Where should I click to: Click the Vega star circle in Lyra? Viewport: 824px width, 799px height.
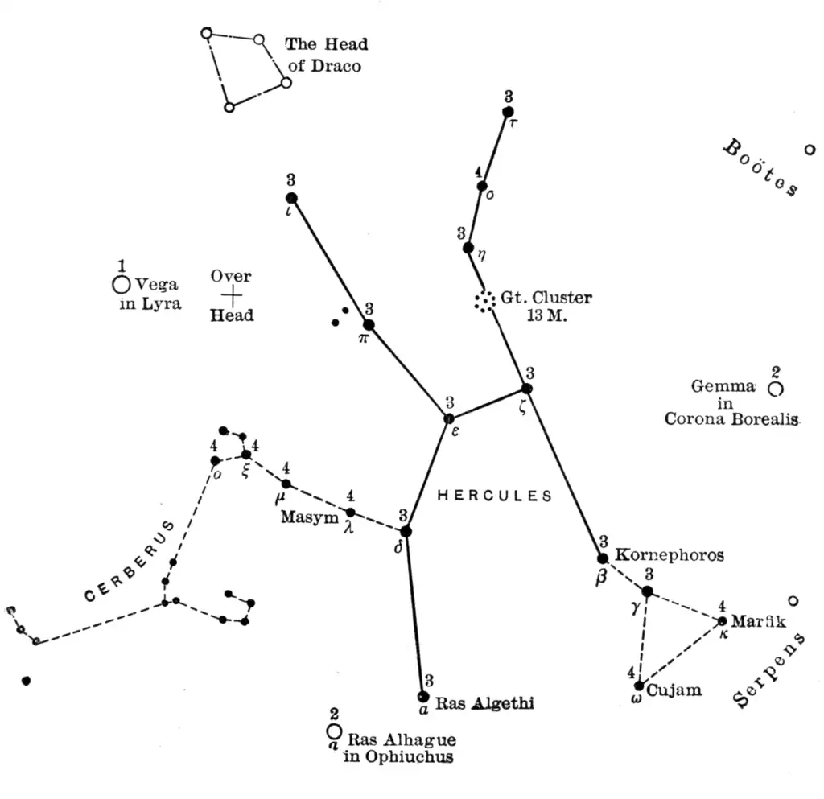122,284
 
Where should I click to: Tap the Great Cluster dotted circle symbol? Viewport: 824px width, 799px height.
484,302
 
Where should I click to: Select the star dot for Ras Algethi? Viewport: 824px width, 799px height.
424,696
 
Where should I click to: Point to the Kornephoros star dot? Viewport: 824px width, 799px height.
603,558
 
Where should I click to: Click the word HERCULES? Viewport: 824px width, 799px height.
495,496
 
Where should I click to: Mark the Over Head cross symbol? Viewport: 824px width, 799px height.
232,295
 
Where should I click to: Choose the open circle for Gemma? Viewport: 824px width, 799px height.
775,389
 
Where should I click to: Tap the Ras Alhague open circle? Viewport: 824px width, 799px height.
334,731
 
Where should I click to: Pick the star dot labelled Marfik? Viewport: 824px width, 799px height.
723,620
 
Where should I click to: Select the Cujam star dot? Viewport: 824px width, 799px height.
639,686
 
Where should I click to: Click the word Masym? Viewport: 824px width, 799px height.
310,517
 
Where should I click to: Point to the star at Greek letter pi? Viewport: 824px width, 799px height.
369,324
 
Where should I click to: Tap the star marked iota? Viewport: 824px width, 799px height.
291,198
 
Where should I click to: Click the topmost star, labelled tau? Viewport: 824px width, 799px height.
508,112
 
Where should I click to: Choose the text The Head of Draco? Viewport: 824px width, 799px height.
325,55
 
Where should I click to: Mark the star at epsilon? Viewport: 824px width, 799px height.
449,418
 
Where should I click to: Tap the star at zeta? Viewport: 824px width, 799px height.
526,389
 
